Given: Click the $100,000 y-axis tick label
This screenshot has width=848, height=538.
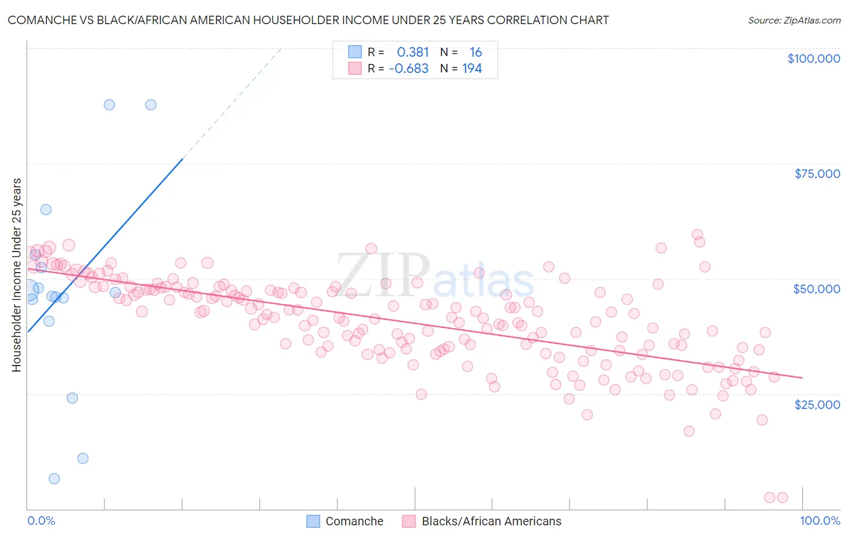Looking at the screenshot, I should coord(814,59).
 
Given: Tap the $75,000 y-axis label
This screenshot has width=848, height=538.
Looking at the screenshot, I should coord(817,174).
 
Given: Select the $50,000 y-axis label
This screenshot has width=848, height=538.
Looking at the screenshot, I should coord(817,289).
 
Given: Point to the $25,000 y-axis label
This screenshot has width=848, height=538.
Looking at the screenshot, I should coord(817,405).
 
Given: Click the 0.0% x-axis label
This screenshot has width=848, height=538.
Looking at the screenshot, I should coord(41,521).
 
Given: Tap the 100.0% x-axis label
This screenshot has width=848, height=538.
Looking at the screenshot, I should coord(820,521).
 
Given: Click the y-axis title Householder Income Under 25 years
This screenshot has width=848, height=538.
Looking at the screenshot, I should coord(16,274).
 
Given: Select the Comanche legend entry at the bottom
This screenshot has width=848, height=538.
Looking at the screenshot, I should coord(345,521).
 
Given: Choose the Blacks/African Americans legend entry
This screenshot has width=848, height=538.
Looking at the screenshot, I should coord(482,521).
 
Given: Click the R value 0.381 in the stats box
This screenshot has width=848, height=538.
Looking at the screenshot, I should coord(413,52).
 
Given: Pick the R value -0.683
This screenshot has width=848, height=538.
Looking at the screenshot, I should coord(408,69).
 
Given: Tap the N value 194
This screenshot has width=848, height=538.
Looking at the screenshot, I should coord(472,69).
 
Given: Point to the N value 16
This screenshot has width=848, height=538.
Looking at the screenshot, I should coord(476,52).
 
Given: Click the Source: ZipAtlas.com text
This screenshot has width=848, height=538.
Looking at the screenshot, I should coord(794,21).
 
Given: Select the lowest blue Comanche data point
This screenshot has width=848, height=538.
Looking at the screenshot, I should coord(54,479).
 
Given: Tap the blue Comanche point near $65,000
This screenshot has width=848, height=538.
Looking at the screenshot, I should coord(46,210).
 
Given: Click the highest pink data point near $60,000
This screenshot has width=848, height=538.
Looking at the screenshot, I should coord(697,235).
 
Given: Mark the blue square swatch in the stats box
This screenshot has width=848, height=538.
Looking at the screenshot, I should coord(355,52).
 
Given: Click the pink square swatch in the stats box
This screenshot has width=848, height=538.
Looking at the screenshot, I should coord(355,68).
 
